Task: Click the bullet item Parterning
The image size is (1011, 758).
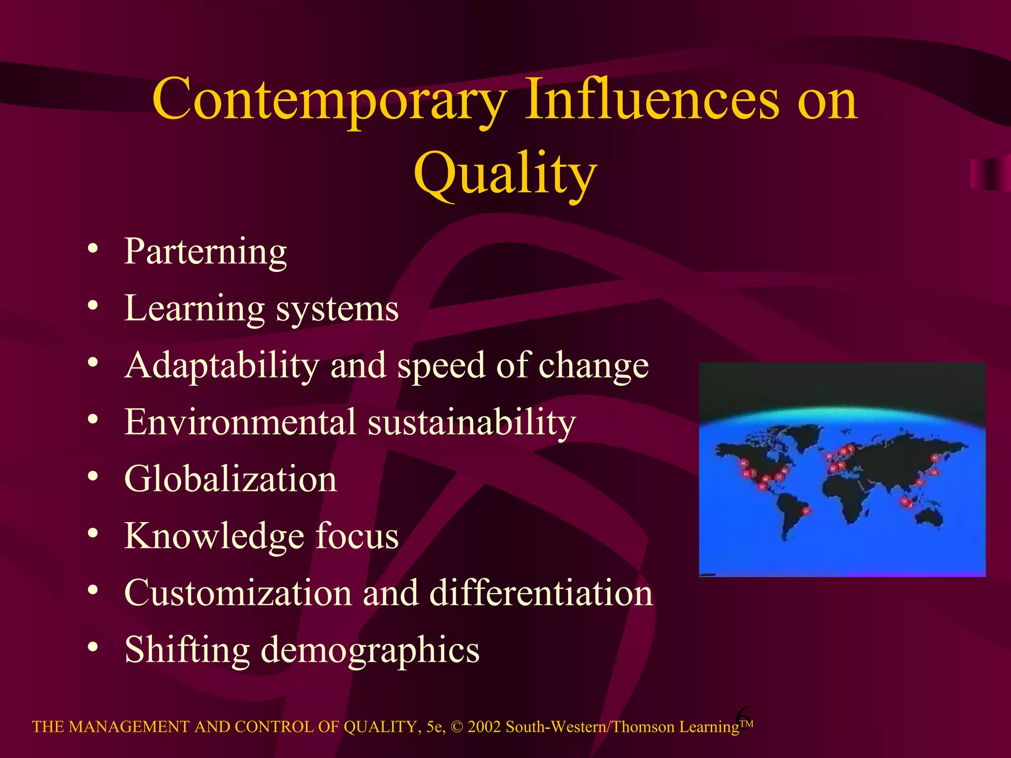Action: coord(205,252)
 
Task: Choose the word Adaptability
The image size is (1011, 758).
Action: coord(222,366)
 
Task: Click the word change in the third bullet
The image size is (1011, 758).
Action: coord(593,366)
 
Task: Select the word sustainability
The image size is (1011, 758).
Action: coord(471,423)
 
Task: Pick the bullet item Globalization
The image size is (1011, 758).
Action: coord(231,479)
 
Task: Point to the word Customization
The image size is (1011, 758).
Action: coord(237,593)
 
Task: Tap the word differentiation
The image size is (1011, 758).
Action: coord(541,593)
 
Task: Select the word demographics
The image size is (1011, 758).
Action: coord(370,650)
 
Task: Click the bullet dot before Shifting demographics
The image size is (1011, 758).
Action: coord(93,646)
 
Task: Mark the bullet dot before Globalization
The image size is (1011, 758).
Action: coord(93,476)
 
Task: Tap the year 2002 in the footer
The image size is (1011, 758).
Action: coord(484,727)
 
